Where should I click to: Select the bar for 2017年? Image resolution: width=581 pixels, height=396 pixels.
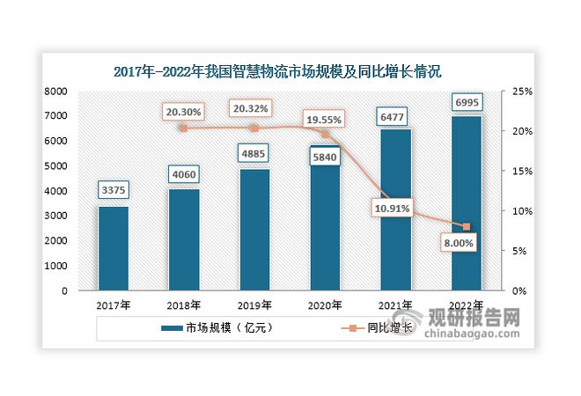pyautogui.click(x=113, y=248)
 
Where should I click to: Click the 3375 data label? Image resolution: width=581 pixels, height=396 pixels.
pyautogui.click(x=113, y=191)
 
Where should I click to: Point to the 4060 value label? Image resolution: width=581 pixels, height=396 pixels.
pyautogui.click(x=183, y=174)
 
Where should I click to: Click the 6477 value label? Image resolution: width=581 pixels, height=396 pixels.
pyautogui.click(x=395, y=114)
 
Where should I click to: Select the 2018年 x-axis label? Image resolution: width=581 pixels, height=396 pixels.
pyautogui.click(x=183, y=305)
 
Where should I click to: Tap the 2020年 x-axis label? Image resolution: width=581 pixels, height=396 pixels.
pyautogui.click(x=324, y=305)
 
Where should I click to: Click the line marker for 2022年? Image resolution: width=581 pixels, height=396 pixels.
pyautogui.click(x=466, y=227)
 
